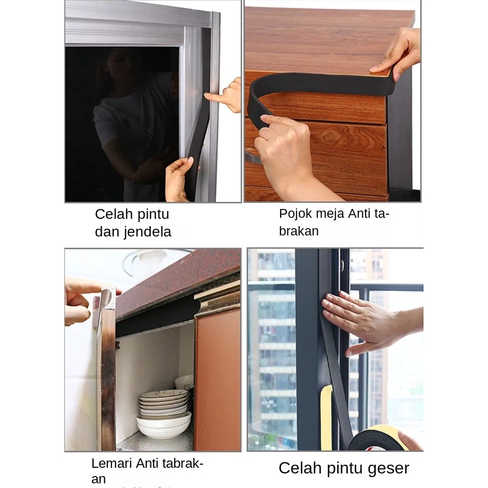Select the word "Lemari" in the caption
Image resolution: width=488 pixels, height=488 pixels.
tap(111, 463)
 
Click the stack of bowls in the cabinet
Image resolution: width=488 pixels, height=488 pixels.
tap(164, 413)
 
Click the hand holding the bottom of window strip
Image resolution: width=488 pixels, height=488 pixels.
tap(178, 179)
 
